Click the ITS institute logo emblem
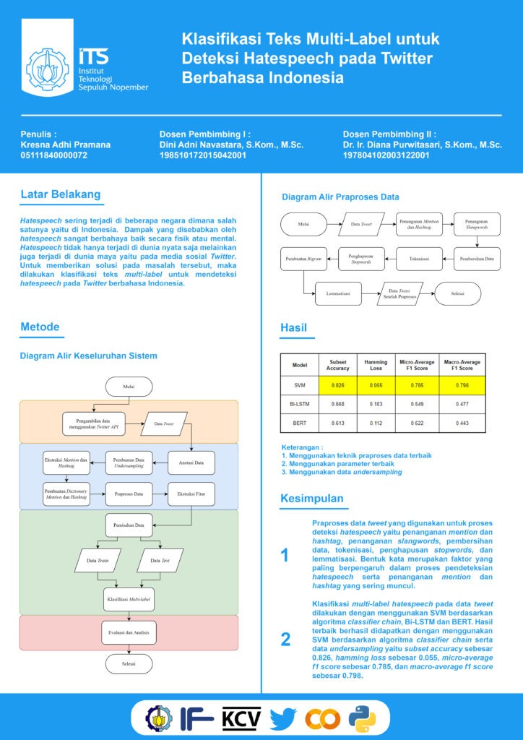click(x=46, y=69)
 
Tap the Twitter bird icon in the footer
click(x=283, y=718)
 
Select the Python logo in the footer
click(x=362, y=718)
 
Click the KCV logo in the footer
click(x=242, y=718)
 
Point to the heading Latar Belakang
click(x=61, y=194)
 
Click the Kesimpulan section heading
click(x=312, y=499)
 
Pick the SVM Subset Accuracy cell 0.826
click(x=337, y=385)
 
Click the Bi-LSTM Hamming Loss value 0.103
click(x=376, y=404)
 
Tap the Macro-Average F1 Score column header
click(x=462, y=366)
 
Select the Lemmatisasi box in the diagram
click(x=339, y=293)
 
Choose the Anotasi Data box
click(x=191, y=462)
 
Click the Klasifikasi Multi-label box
click(x=130, y=599)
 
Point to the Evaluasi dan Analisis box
click(x=129, y=632)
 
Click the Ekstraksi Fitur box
click(x=191, y=495)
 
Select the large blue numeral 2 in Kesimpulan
click(x=285, y=639)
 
